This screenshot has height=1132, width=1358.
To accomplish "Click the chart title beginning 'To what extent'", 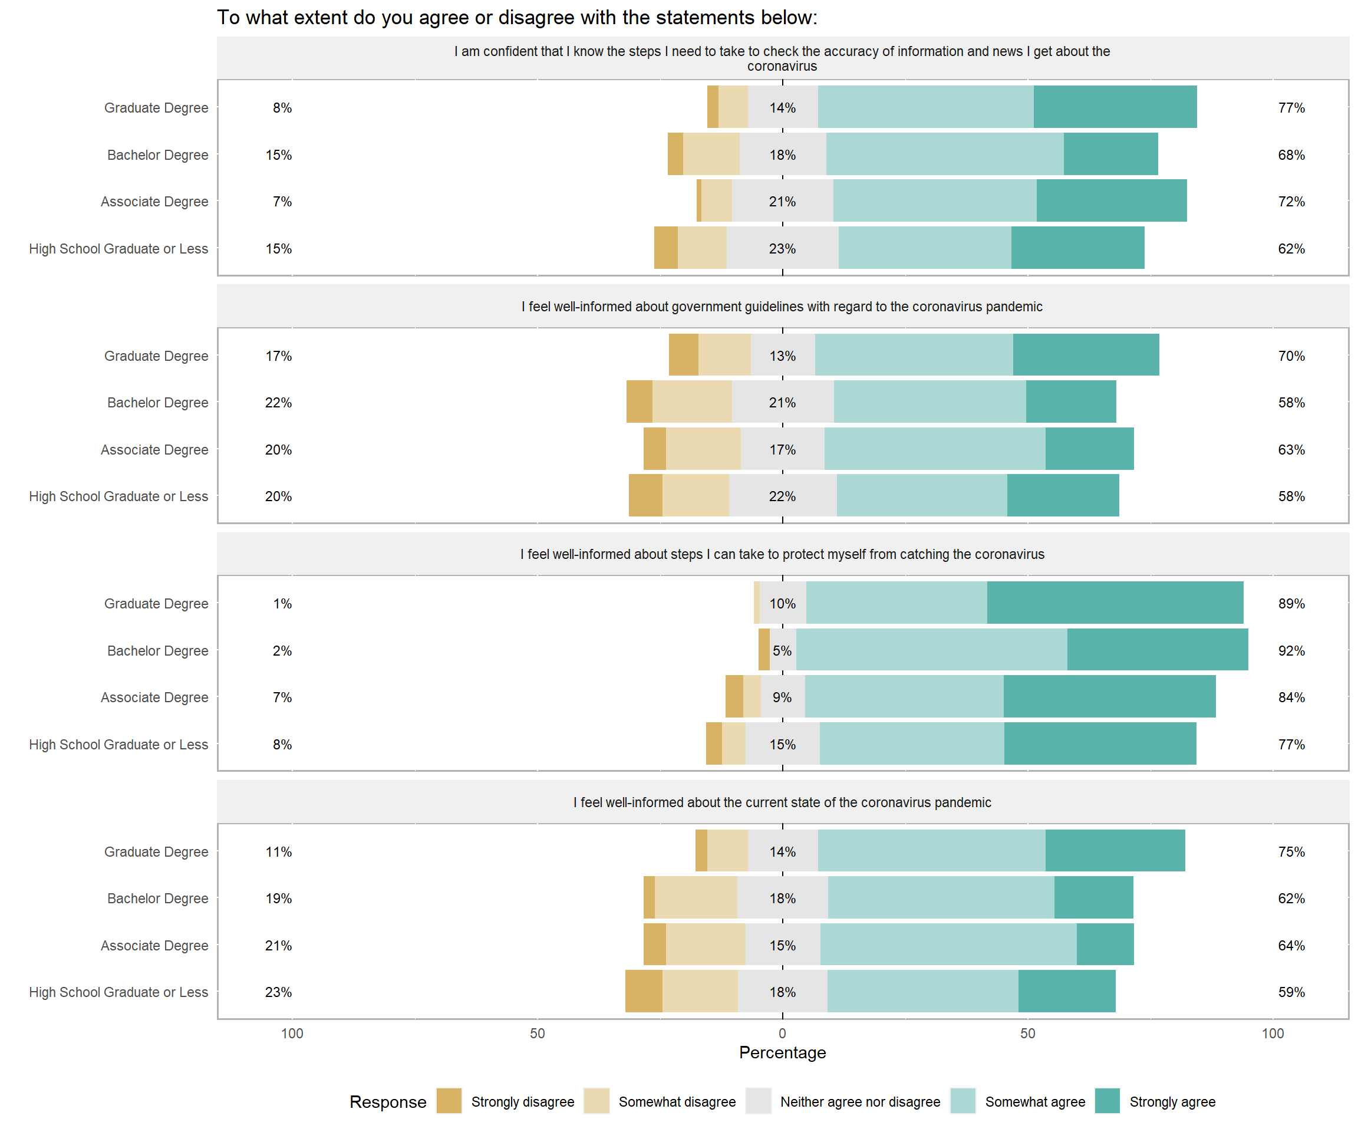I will (517, 18).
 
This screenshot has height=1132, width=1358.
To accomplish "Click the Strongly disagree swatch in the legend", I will (449, 1101).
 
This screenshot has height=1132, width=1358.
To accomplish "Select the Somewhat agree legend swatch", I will (963, 1101).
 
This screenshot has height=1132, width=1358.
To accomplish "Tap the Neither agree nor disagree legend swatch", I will (758, 1101).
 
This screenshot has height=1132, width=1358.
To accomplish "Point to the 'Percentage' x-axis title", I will (783, 1052).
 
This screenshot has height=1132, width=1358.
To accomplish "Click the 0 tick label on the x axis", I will (783, 1033).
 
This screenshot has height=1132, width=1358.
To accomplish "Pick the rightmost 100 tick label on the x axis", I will (1273, 1033).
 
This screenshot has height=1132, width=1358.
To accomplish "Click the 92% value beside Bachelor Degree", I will (1291, 651).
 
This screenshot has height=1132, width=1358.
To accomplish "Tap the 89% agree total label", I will (1291, 604).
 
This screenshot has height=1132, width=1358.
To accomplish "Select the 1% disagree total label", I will (282, 604).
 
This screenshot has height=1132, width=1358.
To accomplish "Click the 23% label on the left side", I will (278, 992).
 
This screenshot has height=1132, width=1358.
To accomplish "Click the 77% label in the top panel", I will (1291, 108).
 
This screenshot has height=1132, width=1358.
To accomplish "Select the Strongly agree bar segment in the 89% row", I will (1115, 603).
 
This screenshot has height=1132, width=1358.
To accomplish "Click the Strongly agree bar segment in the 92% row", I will (1158, 650).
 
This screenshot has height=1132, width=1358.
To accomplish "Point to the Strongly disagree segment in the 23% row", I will (644, 991).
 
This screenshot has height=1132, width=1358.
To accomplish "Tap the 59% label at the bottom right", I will (1291, 992).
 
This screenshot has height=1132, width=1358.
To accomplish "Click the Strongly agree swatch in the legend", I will (1107, 1101).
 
